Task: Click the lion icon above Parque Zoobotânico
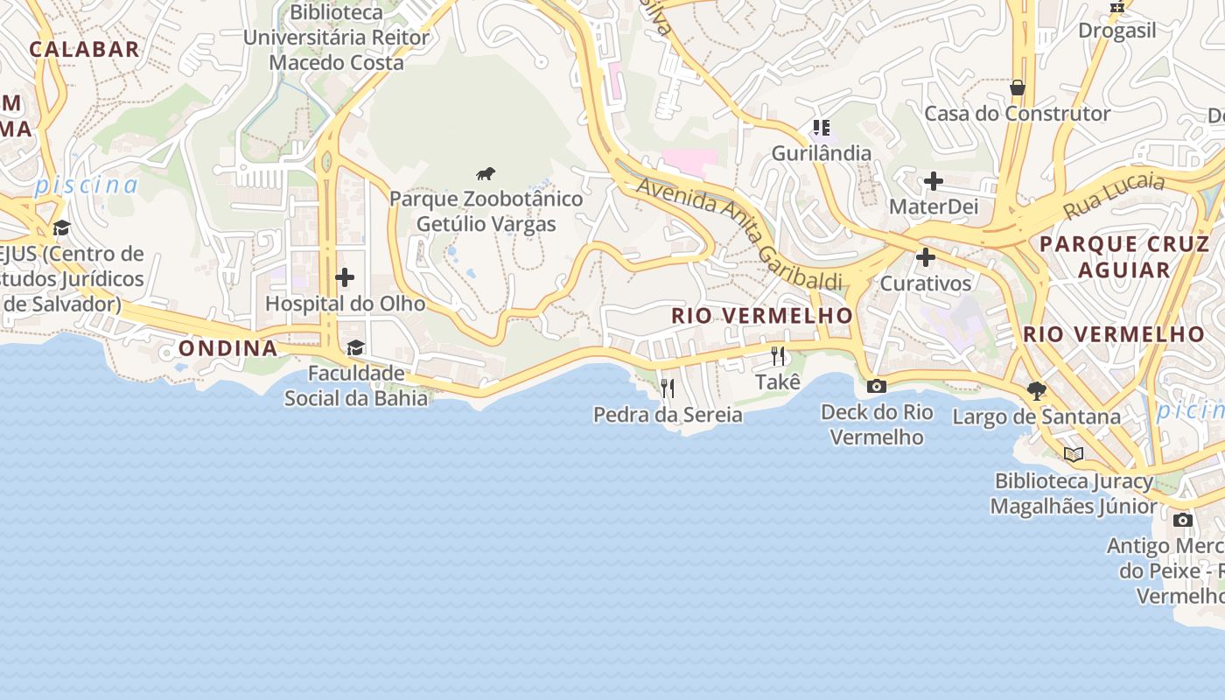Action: pos(486,173)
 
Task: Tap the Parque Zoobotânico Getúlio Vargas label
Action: pos(486,212)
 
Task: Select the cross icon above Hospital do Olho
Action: pos(345,277)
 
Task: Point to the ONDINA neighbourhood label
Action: pos(228,348)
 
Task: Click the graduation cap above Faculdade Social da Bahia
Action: pos(355,348)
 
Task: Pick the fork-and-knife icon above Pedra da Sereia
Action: pos(668,388)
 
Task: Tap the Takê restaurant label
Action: pos(778,382)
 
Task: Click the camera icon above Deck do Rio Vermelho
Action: pos(876,386)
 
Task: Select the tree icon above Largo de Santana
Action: pos(1037,390)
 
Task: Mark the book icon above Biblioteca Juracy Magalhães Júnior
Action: pos(1074,454)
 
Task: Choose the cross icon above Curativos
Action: pos(925,257)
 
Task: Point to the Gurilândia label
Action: pos(821,153)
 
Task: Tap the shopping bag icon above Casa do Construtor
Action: pos(1018,87)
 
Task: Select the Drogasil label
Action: pos(1116,31)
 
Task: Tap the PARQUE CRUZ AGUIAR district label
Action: pos(1123,256)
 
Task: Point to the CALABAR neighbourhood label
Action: pos(84,49)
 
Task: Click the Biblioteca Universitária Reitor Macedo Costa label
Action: pos(337,38)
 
